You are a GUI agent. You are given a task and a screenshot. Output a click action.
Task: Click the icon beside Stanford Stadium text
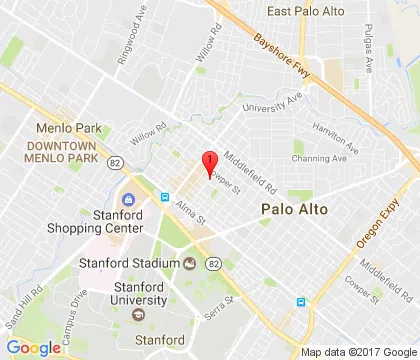(190, 263)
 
